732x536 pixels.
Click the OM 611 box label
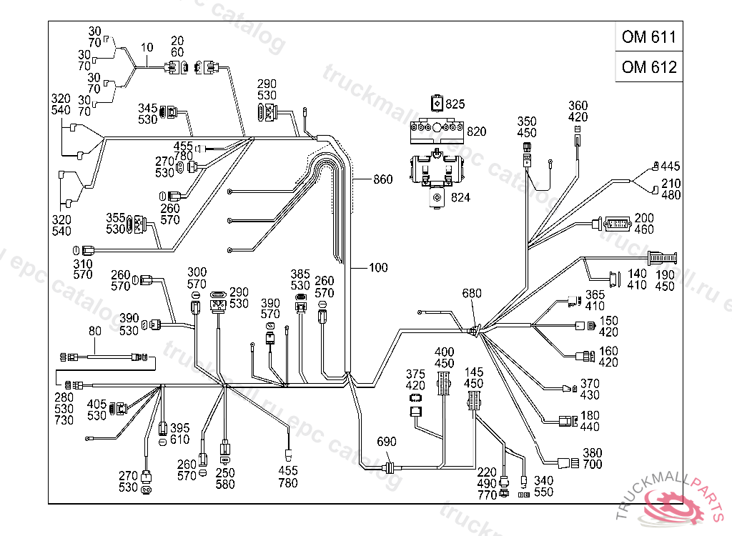pyautogui.click(x=648, y=37)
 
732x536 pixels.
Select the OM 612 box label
pyautogui.click(x=648, y=67)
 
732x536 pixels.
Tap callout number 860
pyautogui.click(x=383, y=179)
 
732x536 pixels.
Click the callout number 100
pyautogui.click(x=378, y=268)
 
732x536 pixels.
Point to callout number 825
pyautogui.click(x=455, y=104)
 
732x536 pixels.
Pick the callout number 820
pyautogui.click(x=477, y=131)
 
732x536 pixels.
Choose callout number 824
pyautogui.click(x=460, y=197)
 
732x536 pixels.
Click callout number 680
pyautogui.click(x=473, y=294)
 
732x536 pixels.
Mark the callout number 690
pyautogui.click(x=386, y=442)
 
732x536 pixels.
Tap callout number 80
pyautogui.click(x=95, y=331)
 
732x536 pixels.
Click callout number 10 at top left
pyautogui.click(x=147, y=48)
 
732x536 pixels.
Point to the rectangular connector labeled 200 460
pyautogui.click(x=613, y=224)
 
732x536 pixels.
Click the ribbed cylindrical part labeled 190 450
pyautogui.click(x=662, y=257)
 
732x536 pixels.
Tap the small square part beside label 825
pyautogui.click(x=437, y=104)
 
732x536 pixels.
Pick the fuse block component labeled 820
pyautogui.click(x=437, y=132)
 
